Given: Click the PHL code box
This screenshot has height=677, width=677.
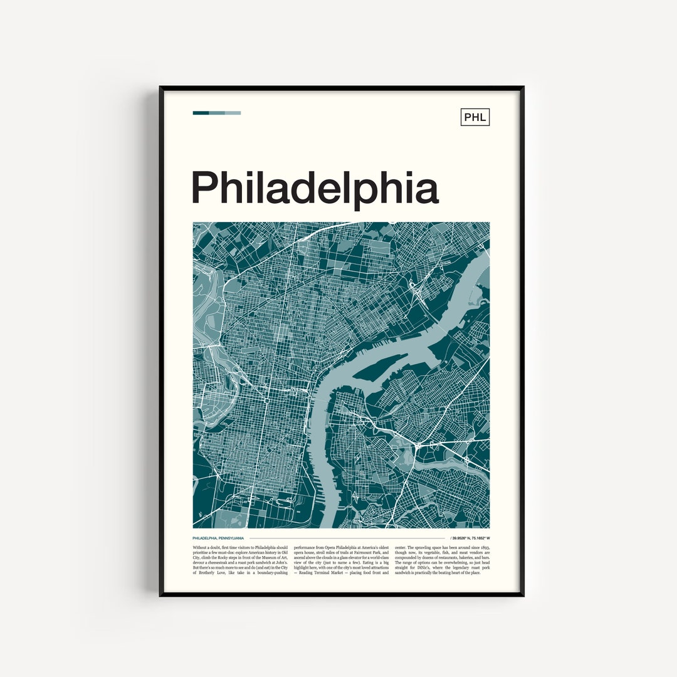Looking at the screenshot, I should pyautogui.click(x=475, y=117).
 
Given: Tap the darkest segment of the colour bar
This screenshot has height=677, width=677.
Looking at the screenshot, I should pyautogui.click(x=201, y=113).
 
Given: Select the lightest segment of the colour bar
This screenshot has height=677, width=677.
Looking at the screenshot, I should pyautogui.click(x=233, y=113).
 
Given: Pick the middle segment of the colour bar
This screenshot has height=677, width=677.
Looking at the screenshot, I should pyautogui.click(x=217, y=113).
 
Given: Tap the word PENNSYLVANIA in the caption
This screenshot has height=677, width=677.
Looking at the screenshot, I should pyautogui.click(x=231, y=538).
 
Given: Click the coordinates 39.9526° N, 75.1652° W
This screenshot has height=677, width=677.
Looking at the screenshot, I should pyautogui.click(x=471, y=538).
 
